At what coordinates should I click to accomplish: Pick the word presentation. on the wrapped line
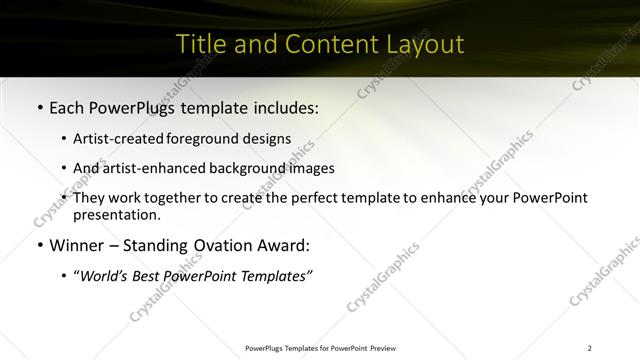click(x=116, y=214)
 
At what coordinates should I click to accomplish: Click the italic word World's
click(x=103, y=276)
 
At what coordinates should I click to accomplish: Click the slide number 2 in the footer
click(x=589, y=348)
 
